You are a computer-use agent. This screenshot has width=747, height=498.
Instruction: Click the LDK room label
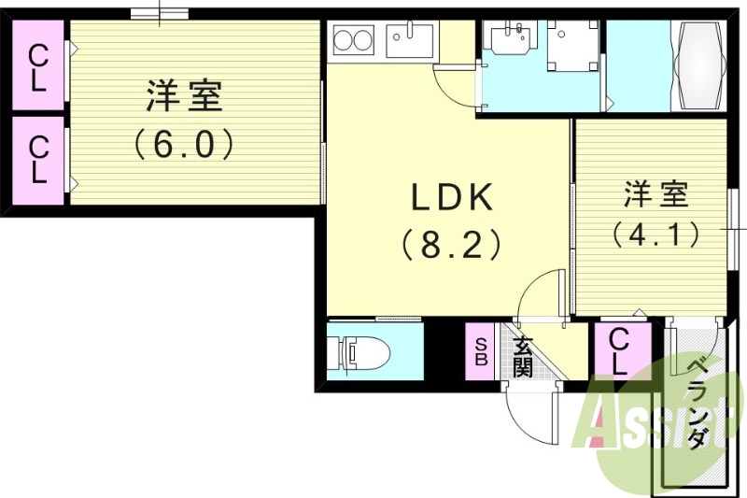[452, 197]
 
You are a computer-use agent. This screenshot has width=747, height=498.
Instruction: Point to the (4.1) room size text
[657, 234]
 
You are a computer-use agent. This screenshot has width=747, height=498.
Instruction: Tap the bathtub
[699, 65]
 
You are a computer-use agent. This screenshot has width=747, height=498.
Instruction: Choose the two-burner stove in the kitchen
[353, 40]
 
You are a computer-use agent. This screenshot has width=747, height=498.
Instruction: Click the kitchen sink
[410, 40]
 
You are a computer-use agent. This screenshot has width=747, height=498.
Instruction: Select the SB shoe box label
[480, 351]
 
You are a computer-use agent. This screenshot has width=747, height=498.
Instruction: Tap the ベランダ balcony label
[697, 405]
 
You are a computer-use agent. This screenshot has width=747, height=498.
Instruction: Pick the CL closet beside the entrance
[623, 351]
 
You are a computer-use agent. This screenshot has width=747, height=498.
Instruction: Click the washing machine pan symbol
[572, 46]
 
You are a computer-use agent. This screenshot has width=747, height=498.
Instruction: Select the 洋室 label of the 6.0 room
[184, 97]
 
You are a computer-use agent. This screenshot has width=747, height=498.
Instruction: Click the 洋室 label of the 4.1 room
[657, 193]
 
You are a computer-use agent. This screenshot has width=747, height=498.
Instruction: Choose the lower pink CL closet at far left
[38, 161]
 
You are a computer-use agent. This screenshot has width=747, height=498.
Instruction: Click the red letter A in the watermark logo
[596, 414]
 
